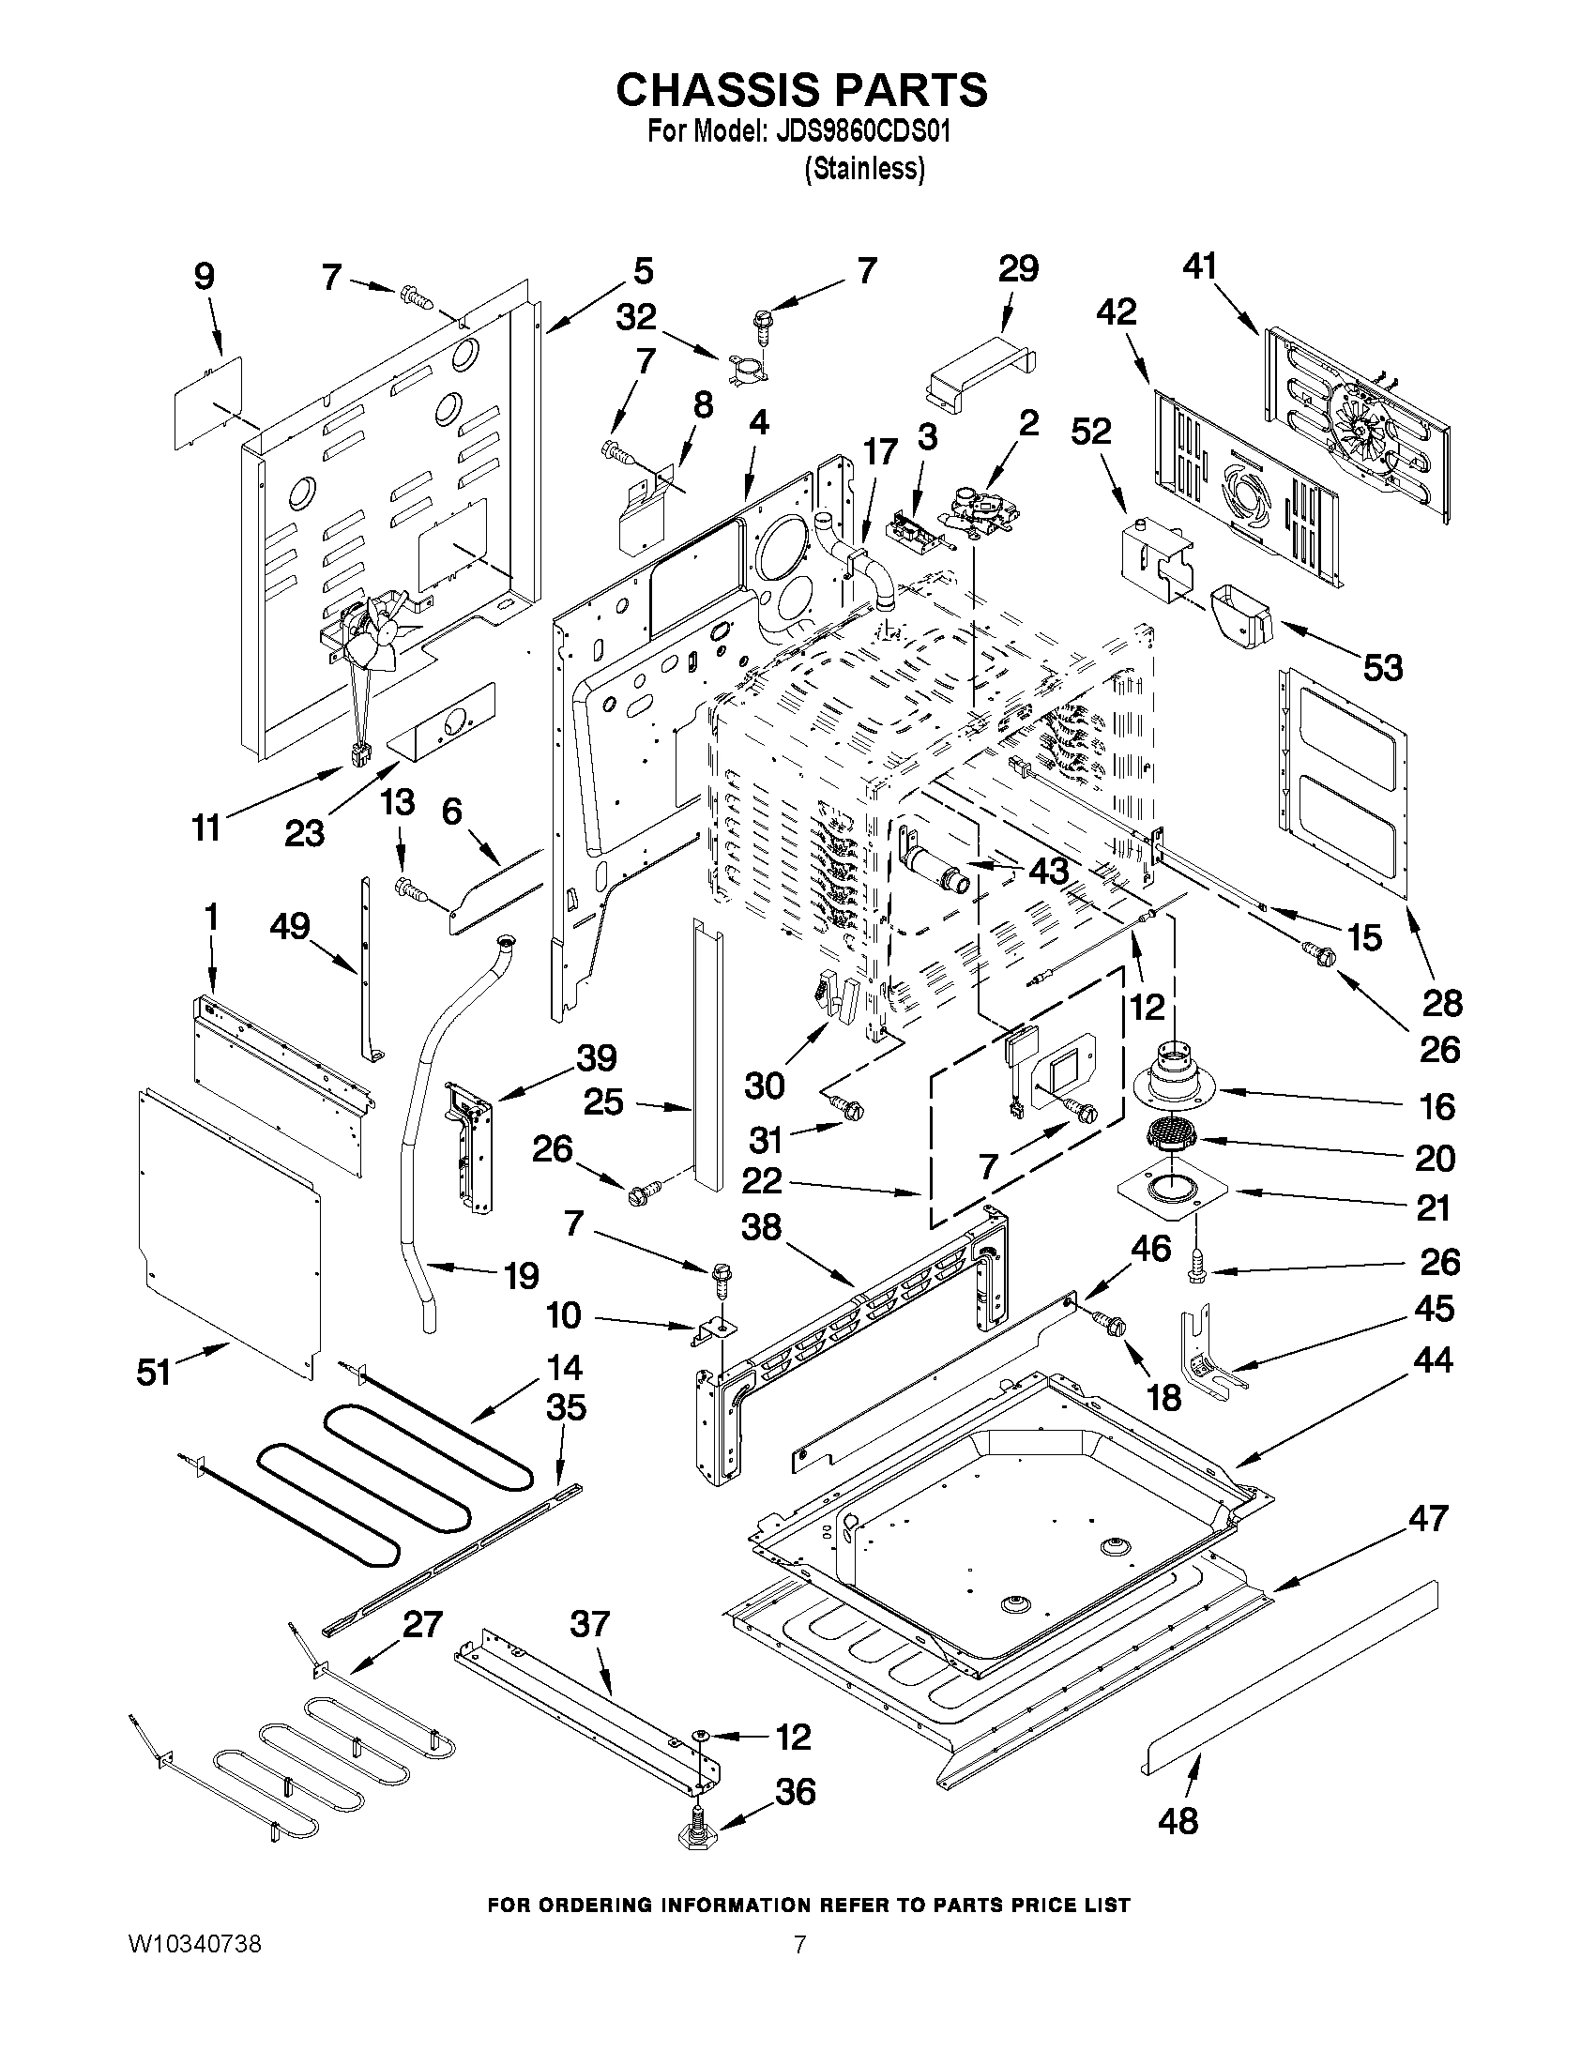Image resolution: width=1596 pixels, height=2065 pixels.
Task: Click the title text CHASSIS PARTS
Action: (802, 91)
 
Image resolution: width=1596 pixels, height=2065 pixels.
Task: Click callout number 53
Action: (1381, 667)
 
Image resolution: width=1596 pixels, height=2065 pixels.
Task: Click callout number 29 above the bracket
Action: (1018, 269)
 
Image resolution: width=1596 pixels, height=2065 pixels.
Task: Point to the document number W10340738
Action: (195, 1944)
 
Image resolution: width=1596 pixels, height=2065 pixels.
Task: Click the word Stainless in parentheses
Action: (865, 170)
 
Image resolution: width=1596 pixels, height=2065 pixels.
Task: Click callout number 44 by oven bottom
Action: (1433, 1360)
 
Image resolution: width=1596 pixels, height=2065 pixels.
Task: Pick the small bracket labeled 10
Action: (708, 1331)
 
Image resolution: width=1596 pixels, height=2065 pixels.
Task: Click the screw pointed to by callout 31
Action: (845, 1103)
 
